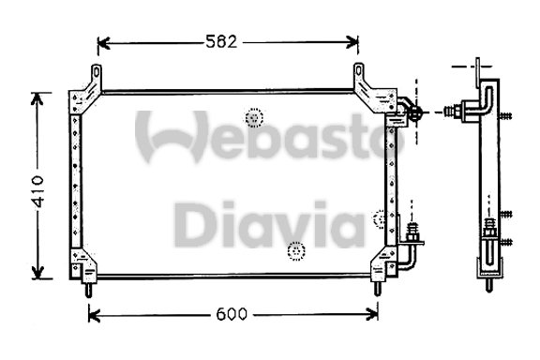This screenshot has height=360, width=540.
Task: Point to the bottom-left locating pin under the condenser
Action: coord(89,290)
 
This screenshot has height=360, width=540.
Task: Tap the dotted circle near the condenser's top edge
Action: coord(254,117)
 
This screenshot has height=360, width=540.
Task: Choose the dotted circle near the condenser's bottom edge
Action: coord(296,251)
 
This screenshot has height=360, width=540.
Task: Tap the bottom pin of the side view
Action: coord(487,285)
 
